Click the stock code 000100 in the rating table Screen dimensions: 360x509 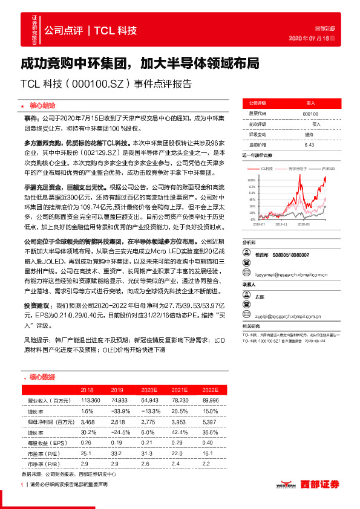click(x=310, y=114)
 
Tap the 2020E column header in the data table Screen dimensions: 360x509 click(x=149, y=391)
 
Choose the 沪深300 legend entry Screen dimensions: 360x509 click(x=329, y=167)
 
